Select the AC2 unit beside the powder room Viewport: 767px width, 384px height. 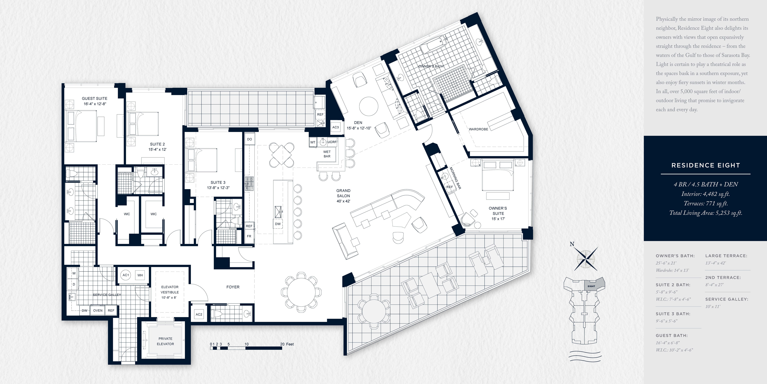199,314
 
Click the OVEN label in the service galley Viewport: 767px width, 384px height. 98,310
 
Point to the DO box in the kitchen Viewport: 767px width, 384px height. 250,139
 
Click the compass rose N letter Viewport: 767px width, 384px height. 572,244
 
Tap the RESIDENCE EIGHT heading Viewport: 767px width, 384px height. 706,165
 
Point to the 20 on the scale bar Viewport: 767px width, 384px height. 282,344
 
